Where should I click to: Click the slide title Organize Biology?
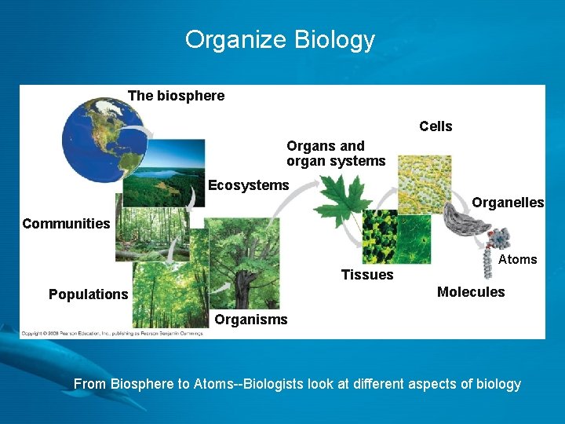[x=280, y=39]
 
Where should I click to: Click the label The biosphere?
[x=176, y=96]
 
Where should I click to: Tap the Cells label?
[x=436, y=126]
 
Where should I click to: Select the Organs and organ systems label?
[x=336, y=154]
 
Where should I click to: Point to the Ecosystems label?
[x=248, y=185]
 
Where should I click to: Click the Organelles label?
[x=508, y=203]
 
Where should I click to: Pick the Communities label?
[x=66, y=224]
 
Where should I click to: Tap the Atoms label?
[x=518, y=259]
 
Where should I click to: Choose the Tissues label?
[x=367, y=275]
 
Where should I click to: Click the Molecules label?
[x=471, y=292]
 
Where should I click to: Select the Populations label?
[x=88, y=294]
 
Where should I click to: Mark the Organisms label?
[x=251, y=320]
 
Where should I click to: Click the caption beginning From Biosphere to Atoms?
[x=297, y=384]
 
